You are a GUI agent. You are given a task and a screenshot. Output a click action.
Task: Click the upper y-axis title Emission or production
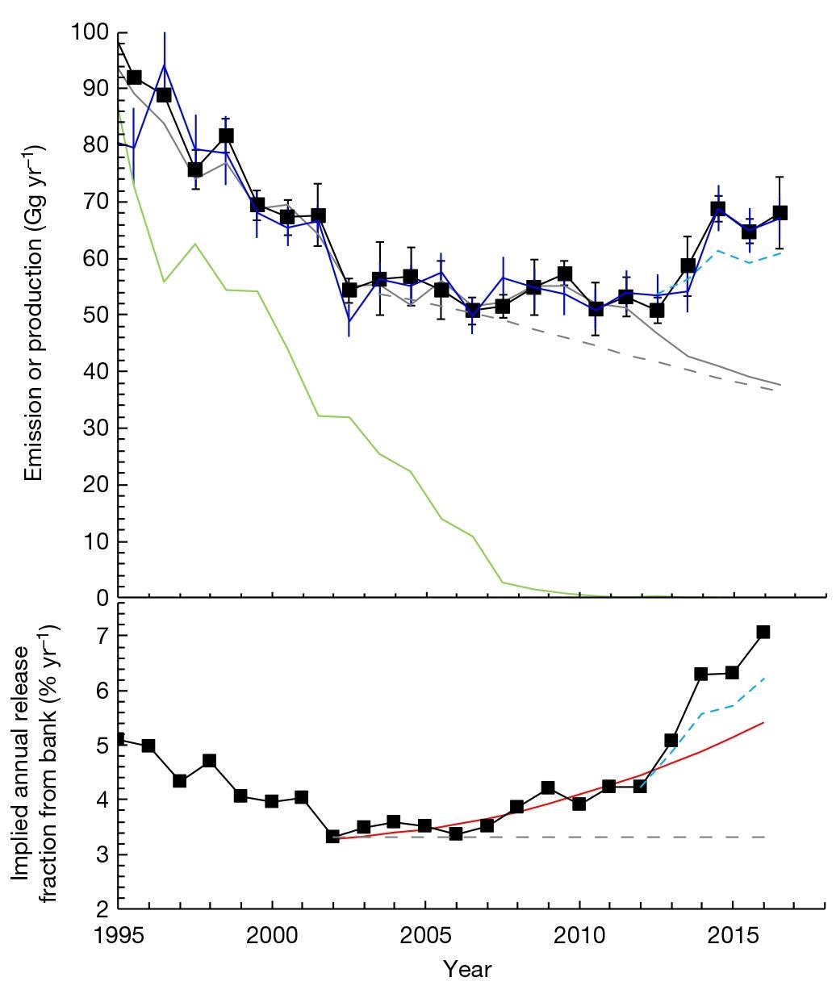[33, 313]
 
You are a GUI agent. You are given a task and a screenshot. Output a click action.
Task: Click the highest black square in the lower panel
[763, 632]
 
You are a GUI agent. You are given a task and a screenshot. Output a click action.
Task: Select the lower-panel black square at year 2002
[332, 836]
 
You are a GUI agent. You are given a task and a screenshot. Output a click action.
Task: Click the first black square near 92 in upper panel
[134, 77]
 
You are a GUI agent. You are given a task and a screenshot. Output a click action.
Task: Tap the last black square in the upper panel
[780, 213]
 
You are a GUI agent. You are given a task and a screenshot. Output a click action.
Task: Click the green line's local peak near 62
[195, 244]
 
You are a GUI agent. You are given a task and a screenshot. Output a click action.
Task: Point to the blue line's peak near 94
[165, 65]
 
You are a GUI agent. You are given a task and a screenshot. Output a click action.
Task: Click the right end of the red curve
[763, 722]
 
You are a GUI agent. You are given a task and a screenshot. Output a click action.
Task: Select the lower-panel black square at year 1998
[210, 760]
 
